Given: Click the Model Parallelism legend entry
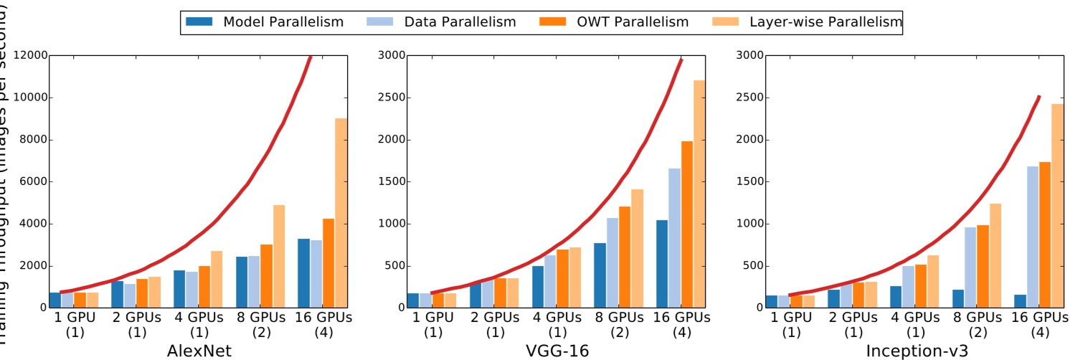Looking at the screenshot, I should click(264, 22).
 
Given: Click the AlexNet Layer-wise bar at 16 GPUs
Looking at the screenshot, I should click(341, 213).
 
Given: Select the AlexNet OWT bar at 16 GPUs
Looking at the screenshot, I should click(328, 263).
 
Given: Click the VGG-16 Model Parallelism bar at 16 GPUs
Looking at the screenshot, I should click(661, 264).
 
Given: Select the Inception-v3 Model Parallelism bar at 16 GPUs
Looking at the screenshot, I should click(1020, 301).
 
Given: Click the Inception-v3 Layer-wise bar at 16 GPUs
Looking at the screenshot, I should click(1058, 206).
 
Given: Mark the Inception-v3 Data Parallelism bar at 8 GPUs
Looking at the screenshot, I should click(970, 267).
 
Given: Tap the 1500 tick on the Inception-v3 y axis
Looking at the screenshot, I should click(750, 181).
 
